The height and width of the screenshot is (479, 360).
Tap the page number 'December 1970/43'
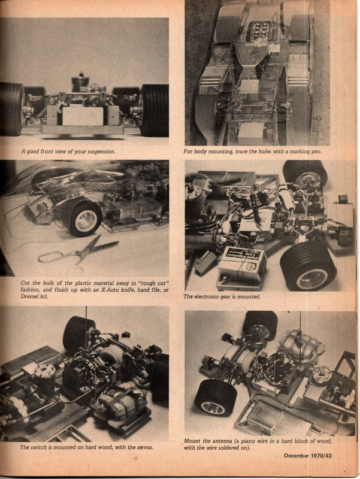point(313,457)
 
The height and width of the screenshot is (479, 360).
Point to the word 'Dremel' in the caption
point(33,297)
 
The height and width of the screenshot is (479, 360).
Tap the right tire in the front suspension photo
point(155,110)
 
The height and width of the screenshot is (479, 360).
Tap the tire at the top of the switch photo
point(78,332)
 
